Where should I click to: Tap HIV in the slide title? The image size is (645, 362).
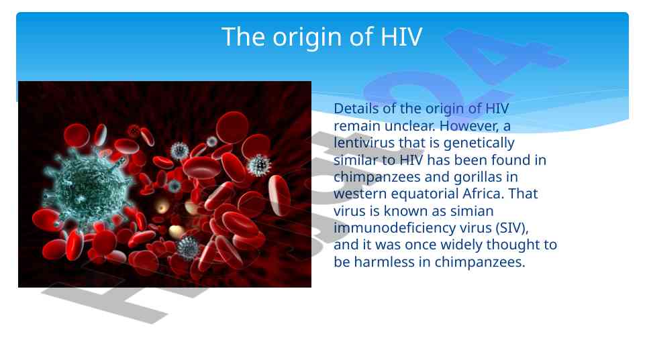[401, 37]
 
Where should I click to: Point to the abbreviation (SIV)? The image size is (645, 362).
[512, 228]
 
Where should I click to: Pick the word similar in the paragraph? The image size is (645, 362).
[356, 160]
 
